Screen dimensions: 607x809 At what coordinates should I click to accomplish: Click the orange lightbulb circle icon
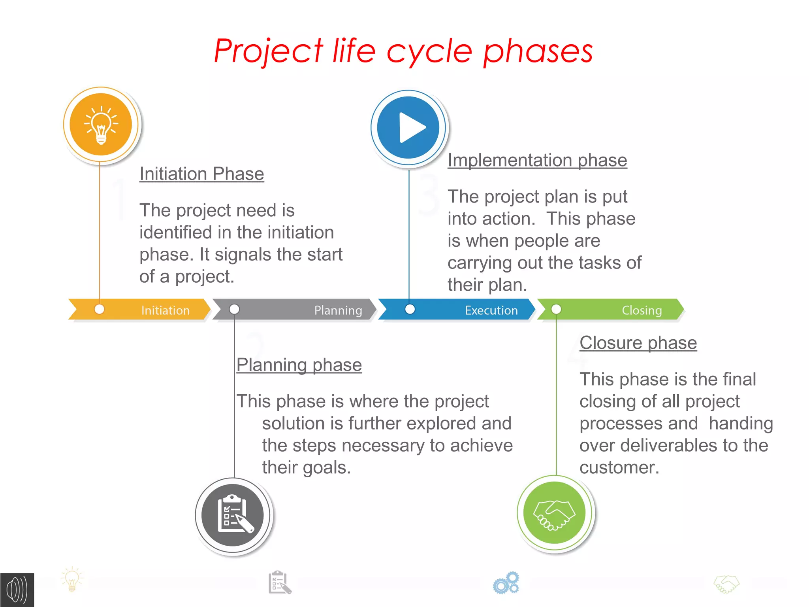(101, 124)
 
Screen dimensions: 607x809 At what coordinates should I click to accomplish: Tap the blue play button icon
(408, 127)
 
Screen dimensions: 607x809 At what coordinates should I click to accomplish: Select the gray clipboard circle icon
(233, 515)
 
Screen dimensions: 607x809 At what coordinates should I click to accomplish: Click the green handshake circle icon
(554, 512)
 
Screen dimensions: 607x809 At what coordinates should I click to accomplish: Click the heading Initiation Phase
(201, 174)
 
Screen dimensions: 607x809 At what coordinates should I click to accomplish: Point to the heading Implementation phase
(537, 160)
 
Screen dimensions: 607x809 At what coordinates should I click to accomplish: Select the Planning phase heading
(299, 365)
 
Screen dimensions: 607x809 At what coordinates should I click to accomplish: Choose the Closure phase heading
(638, 342)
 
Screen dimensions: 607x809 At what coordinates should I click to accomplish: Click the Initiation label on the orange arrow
(165, 310)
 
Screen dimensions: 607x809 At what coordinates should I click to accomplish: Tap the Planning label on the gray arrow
(338, 310)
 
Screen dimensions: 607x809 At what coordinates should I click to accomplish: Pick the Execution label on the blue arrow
(491, 310)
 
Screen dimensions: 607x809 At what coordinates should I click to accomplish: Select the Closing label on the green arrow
(642, 310)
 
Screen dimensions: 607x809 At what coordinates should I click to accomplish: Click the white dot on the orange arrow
(100, 309)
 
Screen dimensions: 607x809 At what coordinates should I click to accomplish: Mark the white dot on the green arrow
(556, 309)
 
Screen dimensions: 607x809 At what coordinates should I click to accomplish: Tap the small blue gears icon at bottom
(506, 583)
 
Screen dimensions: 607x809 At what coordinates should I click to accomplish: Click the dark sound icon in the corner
(17, 590)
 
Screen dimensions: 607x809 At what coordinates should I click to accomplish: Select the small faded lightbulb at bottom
(72, 580)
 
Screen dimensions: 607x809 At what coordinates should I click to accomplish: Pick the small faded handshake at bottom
(726, 584)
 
